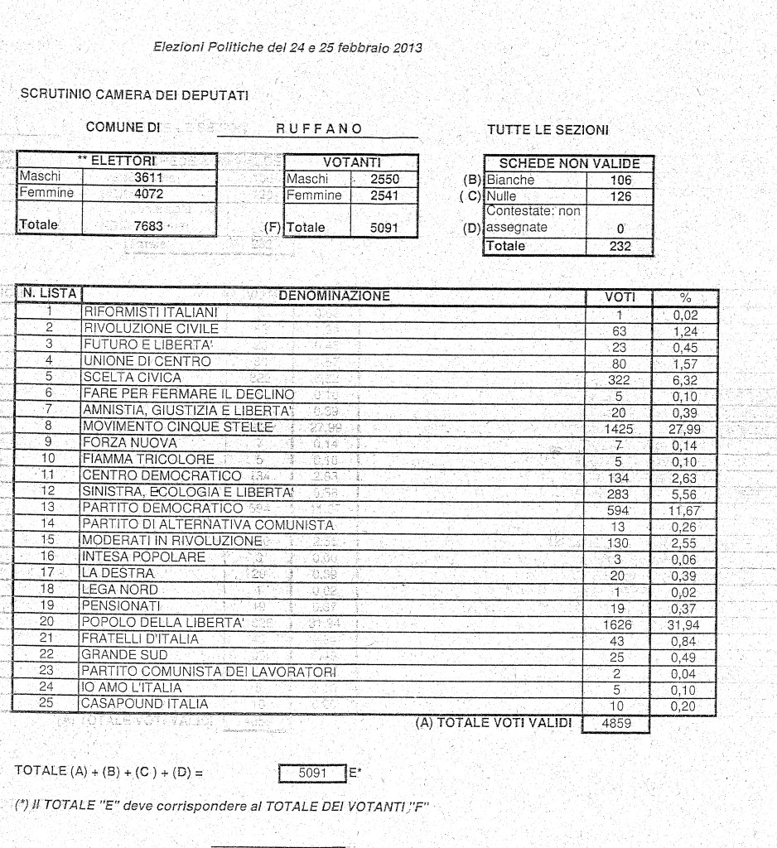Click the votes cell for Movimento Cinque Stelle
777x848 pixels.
coord(619,429)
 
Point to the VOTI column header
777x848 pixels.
coord(620,296)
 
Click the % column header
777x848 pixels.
coord(685,296)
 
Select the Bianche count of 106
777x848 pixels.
coord(620,181)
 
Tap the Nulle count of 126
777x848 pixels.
coord(620,197)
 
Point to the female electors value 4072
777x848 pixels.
coord(148,193)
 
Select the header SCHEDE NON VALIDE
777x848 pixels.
coord(569,164)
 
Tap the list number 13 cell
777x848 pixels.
coord(48,507)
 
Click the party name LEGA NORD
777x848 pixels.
coord(119,590)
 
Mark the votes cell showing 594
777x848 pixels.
coord(619,510)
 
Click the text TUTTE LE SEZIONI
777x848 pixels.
coord(548,130)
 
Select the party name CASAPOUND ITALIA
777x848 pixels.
coord(144,704)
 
